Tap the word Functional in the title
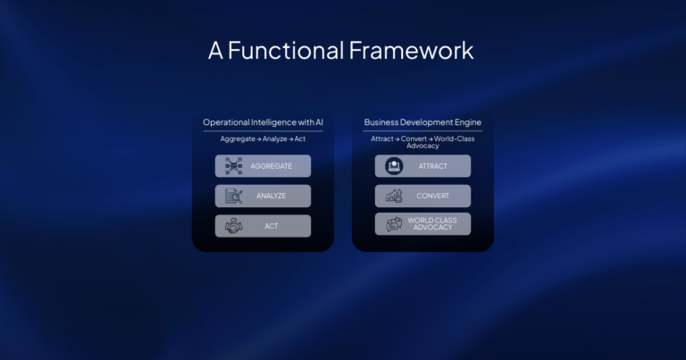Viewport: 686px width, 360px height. coord(285,50)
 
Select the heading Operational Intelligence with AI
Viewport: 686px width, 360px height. coord(263,122)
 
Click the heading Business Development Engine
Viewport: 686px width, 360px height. coord(422,122)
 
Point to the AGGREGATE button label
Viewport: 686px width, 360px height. coord(271,166)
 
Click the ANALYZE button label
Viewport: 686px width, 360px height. coord(271,196)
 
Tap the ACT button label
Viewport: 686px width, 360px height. coord(271,226)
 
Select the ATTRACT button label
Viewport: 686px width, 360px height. coord(433,166)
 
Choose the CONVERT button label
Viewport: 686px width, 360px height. coord(433,196)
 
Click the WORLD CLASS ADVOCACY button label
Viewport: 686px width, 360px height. coord(430,223)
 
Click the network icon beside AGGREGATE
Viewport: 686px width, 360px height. coord(234,166)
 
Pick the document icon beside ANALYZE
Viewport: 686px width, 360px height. coord(234,196)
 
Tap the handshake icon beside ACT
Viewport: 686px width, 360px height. coord(234,226)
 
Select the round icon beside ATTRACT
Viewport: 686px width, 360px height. coord(394,166)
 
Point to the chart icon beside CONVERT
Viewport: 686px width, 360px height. coord(394,196)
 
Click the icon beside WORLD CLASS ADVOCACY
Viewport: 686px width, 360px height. coord(394,224)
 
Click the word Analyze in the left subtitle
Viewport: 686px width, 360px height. coord(275,139)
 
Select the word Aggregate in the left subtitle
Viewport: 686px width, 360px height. coord(238,139)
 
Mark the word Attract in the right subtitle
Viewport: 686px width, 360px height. coord(382,139)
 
